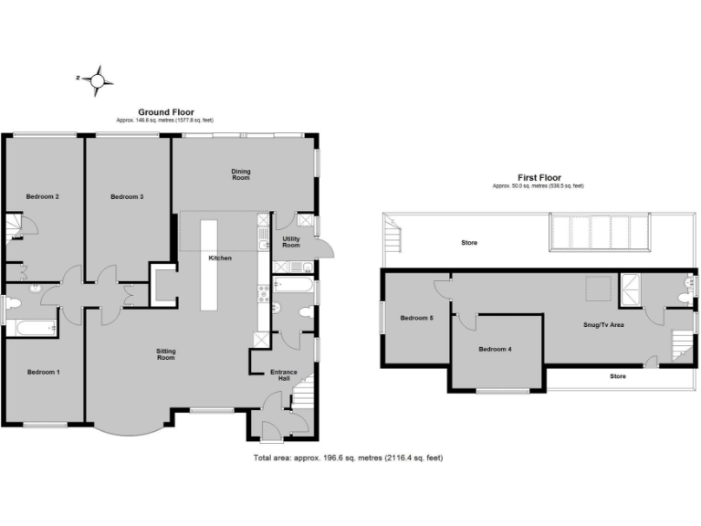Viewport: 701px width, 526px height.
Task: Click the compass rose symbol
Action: tap(98, 80)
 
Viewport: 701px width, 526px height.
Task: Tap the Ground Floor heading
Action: tap(165, 112)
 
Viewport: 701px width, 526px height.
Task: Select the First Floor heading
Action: tap(538, 178)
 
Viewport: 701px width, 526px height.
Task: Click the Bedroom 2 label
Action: tap(43, 196)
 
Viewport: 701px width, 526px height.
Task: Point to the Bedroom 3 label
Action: tap(127, 196)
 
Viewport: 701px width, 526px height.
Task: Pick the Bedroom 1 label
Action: tap(43, 372)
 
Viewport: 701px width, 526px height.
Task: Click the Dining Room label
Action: tap(241, 174)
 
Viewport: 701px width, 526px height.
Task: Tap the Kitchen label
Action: tap(220, 258)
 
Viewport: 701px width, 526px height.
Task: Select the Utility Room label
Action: tap(291, 242)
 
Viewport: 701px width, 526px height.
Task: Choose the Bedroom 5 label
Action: tap(415, 318)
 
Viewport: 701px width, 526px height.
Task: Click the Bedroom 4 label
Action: tap(496, 349)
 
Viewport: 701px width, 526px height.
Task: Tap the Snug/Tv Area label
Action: tap(604, 324)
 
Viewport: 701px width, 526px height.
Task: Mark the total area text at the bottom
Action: tap(348, 457)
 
